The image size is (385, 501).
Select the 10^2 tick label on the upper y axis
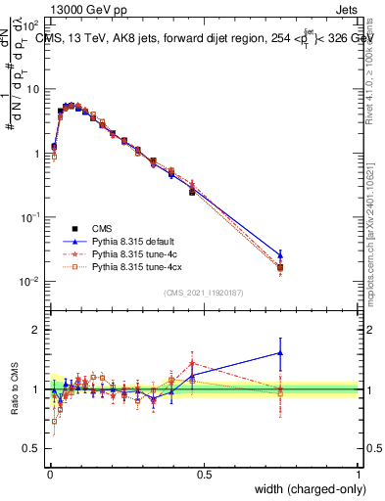pyautogui.click(x=31, y=25)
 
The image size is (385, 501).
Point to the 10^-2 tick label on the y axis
pyautogui.click(x=31, y=282)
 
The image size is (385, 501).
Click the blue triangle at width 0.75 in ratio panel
pyautogui.click(x=281, y=353)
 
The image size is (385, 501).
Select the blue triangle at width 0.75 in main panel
pyautogui.click(x=281, y=254)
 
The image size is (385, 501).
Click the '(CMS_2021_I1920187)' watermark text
pyautogui.click(x=204, y=292)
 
